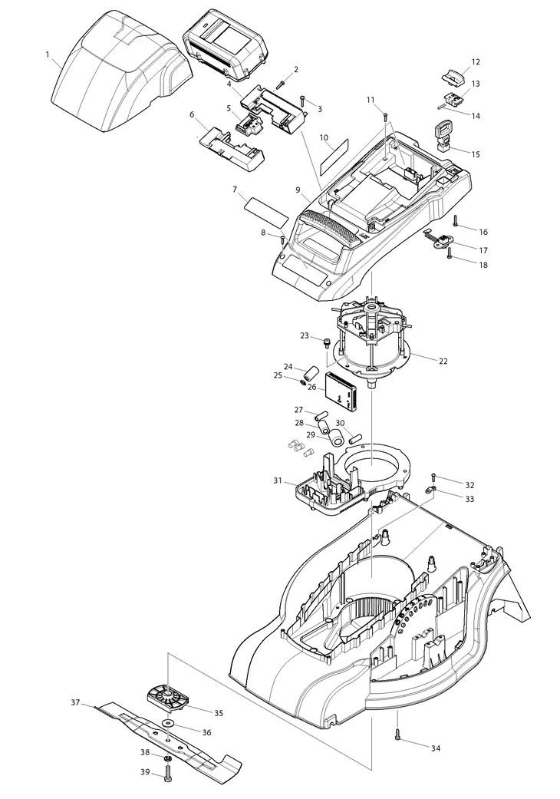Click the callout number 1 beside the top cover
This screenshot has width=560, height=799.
48,54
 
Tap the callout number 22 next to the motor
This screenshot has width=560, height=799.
443,361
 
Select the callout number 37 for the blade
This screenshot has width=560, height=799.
75,703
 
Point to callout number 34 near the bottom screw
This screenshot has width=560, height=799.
435,748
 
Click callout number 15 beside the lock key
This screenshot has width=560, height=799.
475,154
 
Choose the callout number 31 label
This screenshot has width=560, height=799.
278,480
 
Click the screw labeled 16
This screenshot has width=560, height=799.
455,220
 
